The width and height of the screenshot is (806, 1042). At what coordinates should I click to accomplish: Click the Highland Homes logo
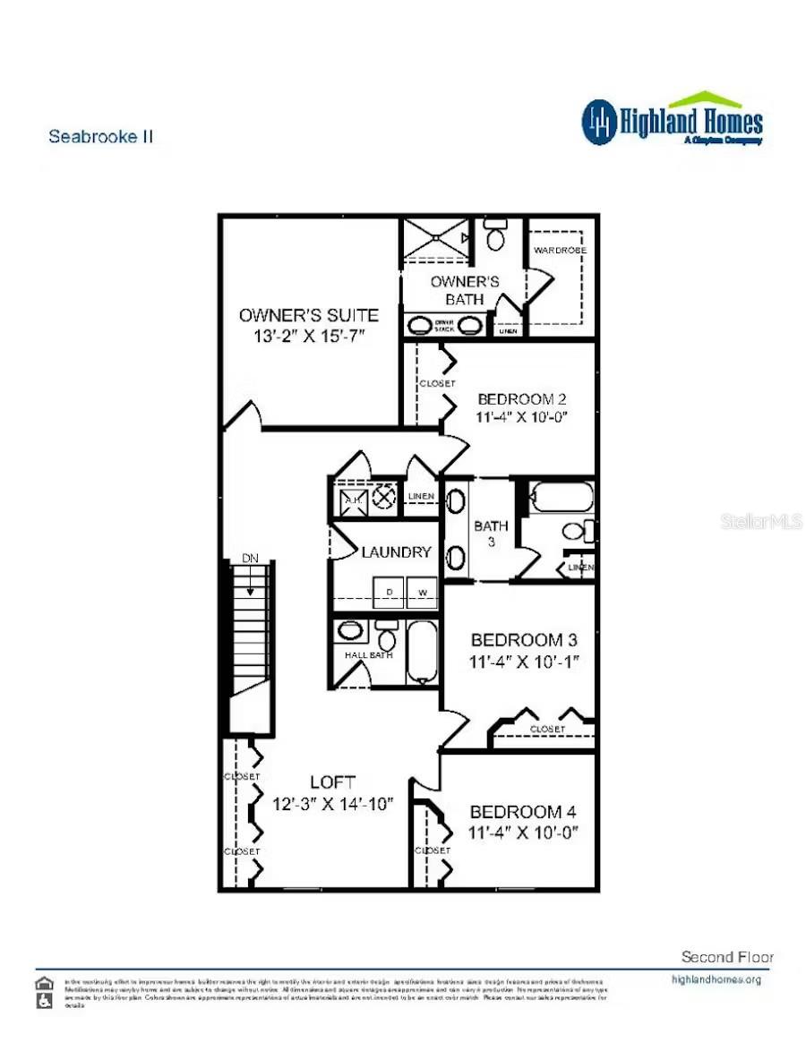pos(673,120)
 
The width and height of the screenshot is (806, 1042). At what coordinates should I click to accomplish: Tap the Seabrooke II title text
pos(100,137)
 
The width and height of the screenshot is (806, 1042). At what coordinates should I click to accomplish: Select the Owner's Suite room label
pos(308,315)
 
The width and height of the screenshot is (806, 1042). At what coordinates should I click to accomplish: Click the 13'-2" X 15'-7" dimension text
pos(308,335)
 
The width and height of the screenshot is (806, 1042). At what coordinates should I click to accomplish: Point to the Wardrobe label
pos(560,251)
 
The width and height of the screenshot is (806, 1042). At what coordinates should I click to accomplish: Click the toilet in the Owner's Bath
pos(494,237)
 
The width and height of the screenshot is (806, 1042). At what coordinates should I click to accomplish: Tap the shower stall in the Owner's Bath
pos(434,239)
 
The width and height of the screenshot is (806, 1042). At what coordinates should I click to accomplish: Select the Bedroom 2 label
pos(522,399)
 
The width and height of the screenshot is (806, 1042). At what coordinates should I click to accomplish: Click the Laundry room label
pos(396,552)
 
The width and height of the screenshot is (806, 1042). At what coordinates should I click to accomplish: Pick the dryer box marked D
pos(389,592)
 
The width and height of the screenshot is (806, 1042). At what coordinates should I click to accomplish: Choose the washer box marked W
pos(422,592)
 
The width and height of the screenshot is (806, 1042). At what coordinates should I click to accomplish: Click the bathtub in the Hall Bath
pos(421,652)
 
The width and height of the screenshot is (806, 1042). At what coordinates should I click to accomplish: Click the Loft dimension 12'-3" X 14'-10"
pos(333,804)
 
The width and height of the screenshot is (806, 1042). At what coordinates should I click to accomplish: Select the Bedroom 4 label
pos(523,812)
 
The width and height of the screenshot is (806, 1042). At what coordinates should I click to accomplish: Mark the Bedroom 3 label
pos(524,640)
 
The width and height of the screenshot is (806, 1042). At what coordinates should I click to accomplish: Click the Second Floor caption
pos(727,957)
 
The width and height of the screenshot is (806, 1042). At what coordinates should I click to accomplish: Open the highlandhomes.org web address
pos(716,979)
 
